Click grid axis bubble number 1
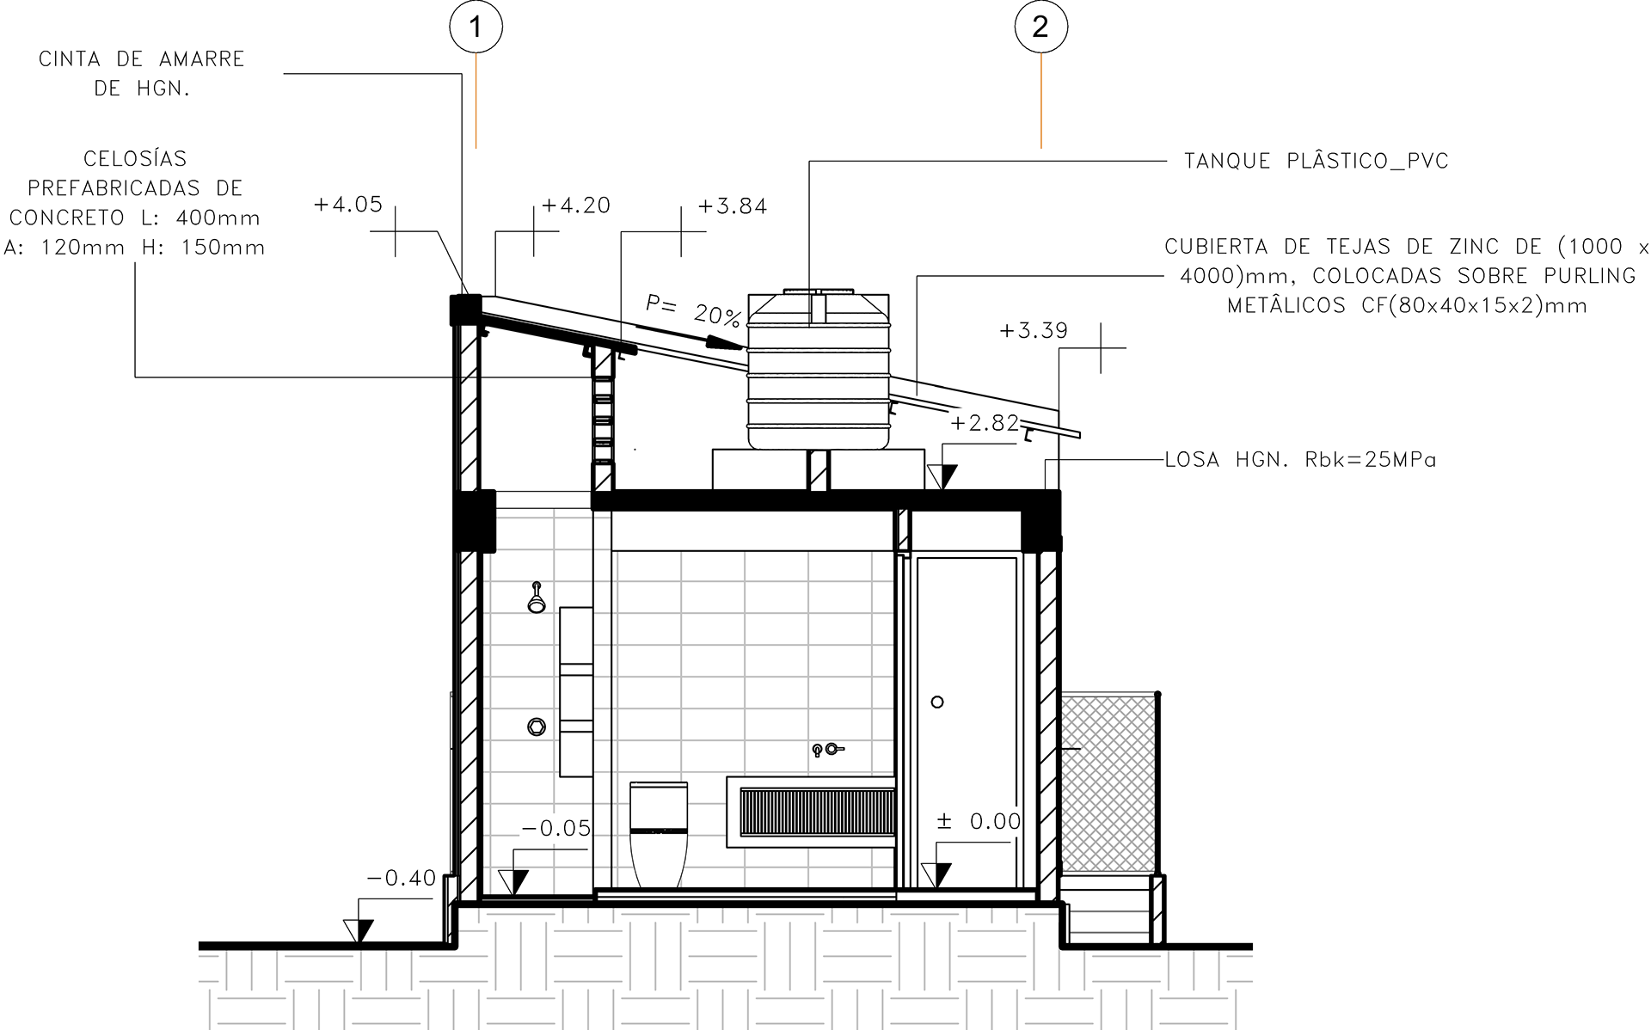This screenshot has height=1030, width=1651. pos(476,28)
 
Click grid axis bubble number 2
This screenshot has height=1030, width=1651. pos(1040,28)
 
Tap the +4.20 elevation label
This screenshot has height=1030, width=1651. pos(575,206)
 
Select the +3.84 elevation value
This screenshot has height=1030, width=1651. pos(733,206)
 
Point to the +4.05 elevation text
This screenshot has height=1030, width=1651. pos(347,205)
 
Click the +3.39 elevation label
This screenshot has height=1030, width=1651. pos(1034,331)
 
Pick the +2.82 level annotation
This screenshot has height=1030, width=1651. pos(985,423)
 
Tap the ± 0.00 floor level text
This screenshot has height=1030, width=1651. pos(979,822)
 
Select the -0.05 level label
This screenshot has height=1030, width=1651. pos(556,829)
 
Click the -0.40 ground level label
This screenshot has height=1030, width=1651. pos(402,879)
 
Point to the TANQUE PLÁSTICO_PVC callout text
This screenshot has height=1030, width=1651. pos(1316,161)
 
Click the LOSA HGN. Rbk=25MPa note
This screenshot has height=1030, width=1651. pos(1300,460)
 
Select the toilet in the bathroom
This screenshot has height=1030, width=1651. pos(660,832)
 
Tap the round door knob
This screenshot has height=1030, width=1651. pos(937,702)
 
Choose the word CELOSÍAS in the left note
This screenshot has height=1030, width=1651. pos(135,159)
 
